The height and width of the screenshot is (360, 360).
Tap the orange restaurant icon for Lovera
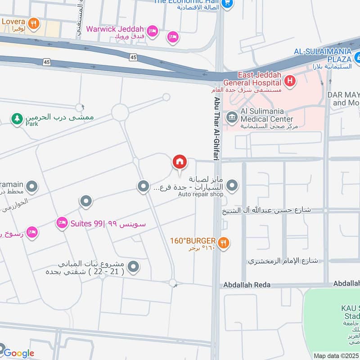pos(32,22)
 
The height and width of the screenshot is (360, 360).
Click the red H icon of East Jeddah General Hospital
pos(290,81)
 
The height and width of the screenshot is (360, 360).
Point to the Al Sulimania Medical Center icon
pos(232,118)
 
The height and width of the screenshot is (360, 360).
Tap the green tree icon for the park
pos(17,119)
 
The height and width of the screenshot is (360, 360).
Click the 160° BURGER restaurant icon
pos(223,243)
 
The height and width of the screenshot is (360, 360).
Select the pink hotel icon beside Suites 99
pos(62,222)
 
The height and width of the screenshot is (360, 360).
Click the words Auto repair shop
pos(201,194)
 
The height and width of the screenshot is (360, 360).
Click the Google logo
pos(19,353)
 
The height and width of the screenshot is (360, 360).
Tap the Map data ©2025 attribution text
pos(336,355)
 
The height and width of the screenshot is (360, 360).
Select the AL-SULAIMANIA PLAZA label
pos(322,55)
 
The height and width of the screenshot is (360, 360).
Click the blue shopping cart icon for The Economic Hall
pos(228,4)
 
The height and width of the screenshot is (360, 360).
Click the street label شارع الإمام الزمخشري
pos(283,261)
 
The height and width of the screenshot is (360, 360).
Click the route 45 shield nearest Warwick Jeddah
pos(133,57)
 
